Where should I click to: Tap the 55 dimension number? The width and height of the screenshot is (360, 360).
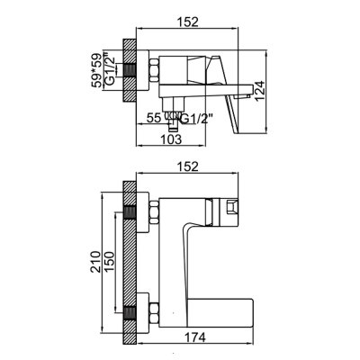coord(153,118)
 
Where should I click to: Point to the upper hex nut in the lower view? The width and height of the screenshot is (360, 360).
coord(149,213)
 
